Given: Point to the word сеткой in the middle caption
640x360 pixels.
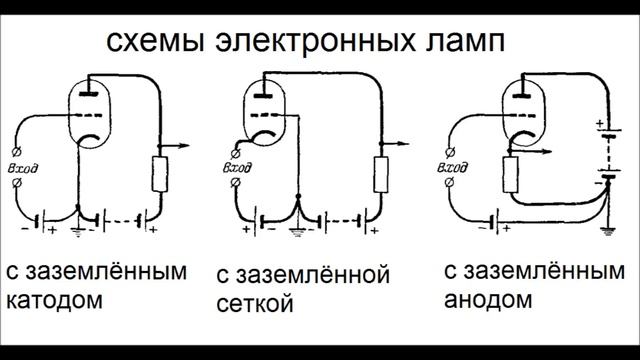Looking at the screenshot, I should (255, 302).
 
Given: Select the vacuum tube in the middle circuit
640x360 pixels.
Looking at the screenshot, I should (263, 118).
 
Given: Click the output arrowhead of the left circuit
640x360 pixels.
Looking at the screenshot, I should (187, 146).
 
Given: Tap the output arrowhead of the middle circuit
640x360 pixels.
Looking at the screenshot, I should (408, 146).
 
